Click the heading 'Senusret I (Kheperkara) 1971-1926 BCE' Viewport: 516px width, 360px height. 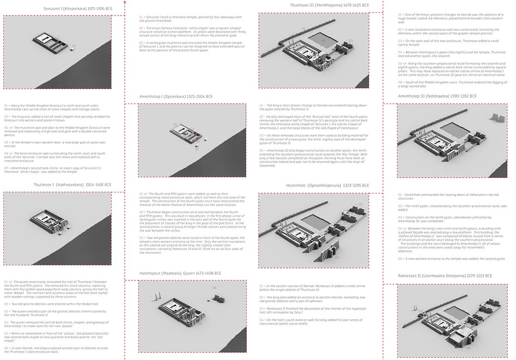coord(78,9)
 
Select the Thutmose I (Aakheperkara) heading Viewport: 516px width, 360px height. coord(72,185)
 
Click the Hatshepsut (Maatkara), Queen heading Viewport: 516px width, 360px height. coord(180,273)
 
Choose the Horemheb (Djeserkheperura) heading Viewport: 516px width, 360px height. coord(327,185)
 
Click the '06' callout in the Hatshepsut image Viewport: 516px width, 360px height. coord(214,288)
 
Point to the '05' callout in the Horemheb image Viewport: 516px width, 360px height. coord(361,204)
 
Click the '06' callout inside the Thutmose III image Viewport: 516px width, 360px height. coord(323,41)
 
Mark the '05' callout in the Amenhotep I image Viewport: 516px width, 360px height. coord(175,125)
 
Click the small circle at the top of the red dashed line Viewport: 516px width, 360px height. coord(125,2)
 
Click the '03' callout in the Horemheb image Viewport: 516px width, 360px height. coord(336,258)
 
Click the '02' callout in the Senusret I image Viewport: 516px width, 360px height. coord(74,46)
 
